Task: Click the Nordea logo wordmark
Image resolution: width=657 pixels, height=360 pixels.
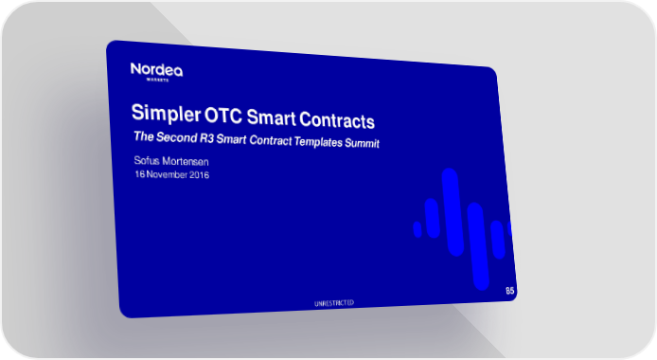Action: (156, 69)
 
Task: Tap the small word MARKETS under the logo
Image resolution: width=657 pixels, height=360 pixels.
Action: (157, 80)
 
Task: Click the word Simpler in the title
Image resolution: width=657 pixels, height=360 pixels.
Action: (167, 113)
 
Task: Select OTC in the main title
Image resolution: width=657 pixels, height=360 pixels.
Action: (222, 116)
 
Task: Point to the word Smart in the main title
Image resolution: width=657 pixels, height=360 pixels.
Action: (271, 117)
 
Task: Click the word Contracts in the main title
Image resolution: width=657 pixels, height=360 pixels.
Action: (336, 120)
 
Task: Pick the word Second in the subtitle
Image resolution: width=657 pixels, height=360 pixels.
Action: (176, 137)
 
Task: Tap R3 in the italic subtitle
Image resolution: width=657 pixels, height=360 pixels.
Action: (206, 138)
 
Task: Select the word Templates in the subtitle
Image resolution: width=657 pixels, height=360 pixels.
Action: (318, 142)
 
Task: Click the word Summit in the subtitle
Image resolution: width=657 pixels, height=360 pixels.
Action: (362, 143)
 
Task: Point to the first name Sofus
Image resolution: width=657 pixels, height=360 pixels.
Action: (146, 160)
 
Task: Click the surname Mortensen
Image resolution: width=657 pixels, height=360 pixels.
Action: (186, 161)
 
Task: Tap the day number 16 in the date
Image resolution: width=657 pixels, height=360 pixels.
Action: (140, 174)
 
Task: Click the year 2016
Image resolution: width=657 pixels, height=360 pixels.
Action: (199, 174)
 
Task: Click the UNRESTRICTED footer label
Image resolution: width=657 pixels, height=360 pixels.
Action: (334, 303)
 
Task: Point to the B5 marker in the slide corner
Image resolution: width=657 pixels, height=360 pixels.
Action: (509, 291)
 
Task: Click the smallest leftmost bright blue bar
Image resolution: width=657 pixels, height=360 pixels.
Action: (417, 229)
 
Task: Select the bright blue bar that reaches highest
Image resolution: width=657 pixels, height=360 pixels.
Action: (453, 212)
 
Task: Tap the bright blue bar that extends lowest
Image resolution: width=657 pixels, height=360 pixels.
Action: (478, 246)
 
